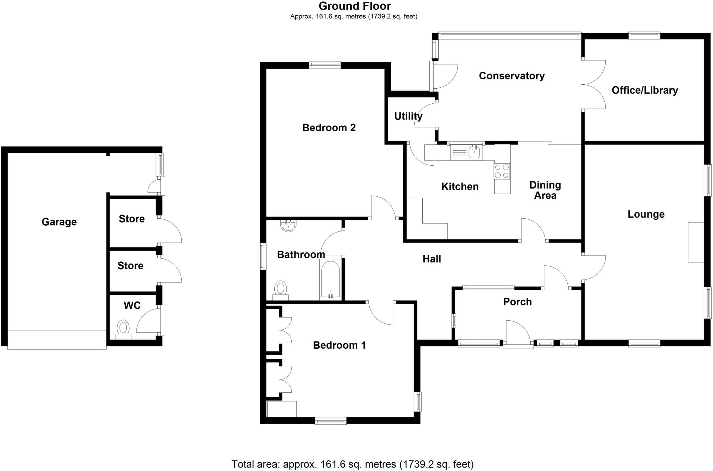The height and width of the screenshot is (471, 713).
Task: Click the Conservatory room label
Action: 511,76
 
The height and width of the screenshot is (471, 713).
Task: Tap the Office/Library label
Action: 644,91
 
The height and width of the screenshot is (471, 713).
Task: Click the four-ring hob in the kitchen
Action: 502,171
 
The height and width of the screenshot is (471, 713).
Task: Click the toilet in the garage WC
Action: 123,329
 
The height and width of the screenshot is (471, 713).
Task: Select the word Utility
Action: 408,116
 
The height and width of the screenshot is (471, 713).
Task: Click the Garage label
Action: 59,222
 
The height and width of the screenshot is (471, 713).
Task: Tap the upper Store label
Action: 132,219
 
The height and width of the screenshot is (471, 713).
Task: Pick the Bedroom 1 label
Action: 339,345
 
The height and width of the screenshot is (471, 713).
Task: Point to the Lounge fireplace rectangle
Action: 696,242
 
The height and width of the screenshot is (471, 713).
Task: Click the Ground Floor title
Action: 354,6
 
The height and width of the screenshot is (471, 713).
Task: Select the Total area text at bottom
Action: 352,464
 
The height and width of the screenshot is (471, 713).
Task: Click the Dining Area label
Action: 545,190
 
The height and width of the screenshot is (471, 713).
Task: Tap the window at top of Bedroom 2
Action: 324,64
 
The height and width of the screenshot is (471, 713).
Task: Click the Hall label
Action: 431,259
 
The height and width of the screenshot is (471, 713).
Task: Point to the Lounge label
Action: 646,214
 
